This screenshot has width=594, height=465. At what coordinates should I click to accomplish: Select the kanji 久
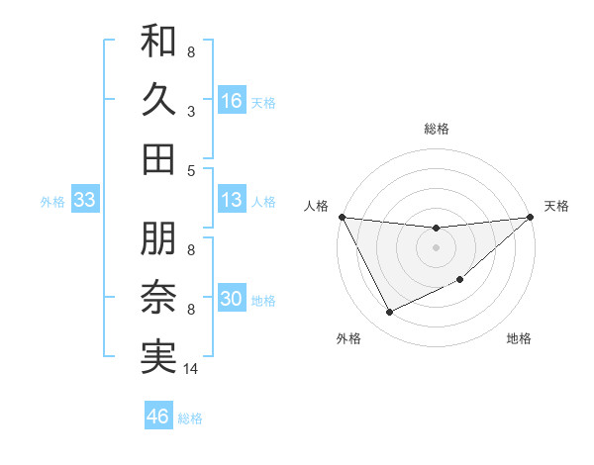click(x=159, y=101)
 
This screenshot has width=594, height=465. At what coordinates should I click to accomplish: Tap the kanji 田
click(x=159, y=158)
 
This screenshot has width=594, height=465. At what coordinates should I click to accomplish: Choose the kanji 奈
click(x=159, y=298)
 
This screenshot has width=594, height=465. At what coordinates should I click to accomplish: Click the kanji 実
click(x=159, y=356)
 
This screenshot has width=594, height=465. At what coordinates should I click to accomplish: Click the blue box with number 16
click(x=232, y=100)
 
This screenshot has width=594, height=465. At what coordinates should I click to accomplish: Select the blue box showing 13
click(x=232, y=200)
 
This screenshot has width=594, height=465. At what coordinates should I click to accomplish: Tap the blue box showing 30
click(x=232, y=299)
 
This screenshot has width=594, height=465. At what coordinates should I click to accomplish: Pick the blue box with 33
click(x=84, y=200)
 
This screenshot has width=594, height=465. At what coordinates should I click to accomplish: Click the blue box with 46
click(x=158, y=416)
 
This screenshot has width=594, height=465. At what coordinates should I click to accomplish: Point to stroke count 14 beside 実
click(x=192, y=369)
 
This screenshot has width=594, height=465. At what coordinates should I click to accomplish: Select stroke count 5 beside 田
click(x=191, y=170)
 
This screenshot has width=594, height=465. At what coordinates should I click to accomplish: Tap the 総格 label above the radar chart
click(x=437, y=129)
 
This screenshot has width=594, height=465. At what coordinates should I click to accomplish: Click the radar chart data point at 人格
click(x=342, y=217)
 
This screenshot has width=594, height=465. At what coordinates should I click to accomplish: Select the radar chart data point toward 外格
click(x=389, y=313)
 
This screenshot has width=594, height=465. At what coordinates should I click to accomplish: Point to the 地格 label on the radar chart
click(x=519, y=339)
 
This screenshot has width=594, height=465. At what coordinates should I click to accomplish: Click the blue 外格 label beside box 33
click(x=52, y=201)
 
